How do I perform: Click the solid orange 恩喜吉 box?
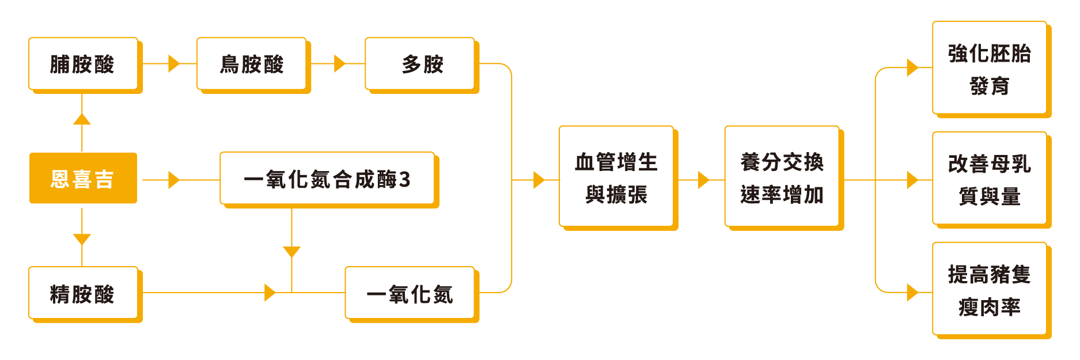point(83,178)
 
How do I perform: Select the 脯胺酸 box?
point(83,64)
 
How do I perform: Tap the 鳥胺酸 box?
point(251,64)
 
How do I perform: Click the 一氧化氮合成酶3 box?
point(327,179)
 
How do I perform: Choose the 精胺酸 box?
point(83,293)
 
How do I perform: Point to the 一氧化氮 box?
point(410,293)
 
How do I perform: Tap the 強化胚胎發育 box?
point(989,68)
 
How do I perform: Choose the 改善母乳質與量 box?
point(989,179)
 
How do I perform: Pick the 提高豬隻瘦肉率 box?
point(989,289)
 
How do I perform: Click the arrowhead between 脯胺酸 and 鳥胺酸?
point(173,63)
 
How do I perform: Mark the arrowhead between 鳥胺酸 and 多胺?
point(339,63)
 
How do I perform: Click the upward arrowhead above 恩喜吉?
point(82,119)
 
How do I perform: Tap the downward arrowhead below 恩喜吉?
point(82,239)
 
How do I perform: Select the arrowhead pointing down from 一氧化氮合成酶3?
point(292,252)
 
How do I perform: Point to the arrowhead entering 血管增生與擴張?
point(539,180)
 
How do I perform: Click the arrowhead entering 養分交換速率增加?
point(703,180)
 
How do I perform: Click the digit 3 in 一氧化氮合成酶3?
point(404,179)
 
